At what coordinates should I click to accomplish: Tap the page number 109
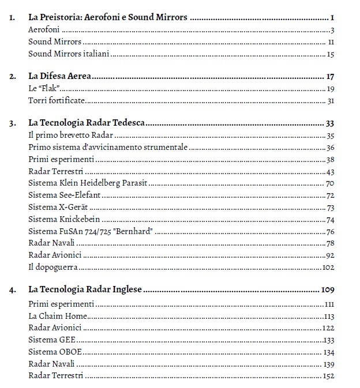pyautogui.click(x=327, y=289)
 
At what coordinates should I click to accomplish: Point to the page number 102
pyautogui.click(x=328, y=268)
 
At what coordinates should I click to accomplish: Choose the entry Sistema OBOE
pyautogui.click(x=52, y=352)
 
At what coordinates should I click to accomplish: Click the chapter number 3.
pyautogui.click(x=13, y=123)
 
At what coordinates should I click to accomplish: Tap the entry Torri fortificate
pyautogui.click(x=57, y=101)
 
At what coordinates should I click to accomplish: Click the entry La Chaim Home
pyautogui.click(x=58, y=316)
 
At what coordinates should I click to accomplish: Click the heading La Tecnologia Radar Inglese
pyautogui.click(x=85, y=289)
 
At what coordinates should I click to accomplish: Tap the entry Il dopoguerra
pyautogui.click(x=52, y=268)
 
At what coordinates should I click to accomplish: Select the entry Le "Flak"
pyautogui.click(x=44, y=89)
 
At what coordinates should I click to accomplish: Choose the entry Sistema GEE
pyautogui.click(x=51, y=340)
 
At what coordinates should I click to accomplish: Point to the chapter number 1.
pyautogui.click(x=13, y=17)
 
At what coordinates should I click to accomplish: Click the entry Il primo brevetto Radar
pyautogui.click(x=70, y=135)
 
